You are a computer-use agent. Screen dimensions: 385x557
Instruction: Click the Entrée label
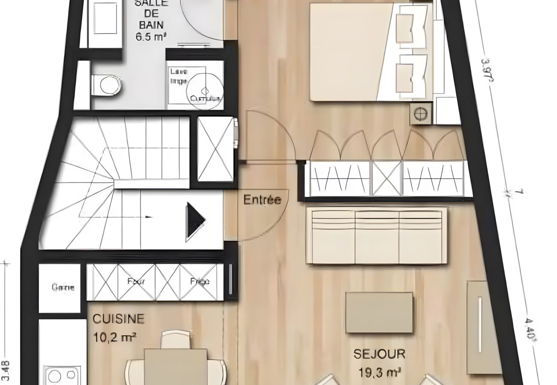pos(262,200)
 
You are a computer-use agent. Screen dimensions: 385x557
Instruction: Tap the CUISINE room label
pos(119,319)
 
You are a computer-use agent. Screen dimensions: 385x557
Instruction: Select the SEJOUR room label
pos(379,354)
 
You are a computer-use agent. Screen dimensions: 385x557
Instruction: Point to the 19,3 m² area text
pos(379,372)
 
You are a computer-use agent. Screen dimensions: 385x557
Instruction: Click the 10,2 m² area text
pos(114,337)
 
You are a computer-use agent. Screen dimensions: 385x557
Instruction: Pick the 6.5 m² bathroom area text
pos(150,37)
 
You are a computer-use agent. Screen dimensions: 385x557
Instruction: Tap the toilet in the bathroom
pos(106,85)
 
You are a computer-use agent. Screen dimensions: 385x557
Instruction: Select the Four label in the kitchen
pos(134,281)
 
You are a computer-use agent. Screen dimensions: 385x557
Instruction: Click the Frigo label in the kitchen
pos(200,281)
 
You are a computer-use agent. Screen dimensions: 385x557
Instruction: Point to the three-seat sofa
pos(377,236)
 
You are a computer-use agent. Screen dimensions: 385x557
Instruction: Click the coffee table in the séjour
pos(379,312)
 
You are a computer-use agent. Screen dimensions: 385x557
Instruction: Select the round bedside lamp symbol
pos(421,114)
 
